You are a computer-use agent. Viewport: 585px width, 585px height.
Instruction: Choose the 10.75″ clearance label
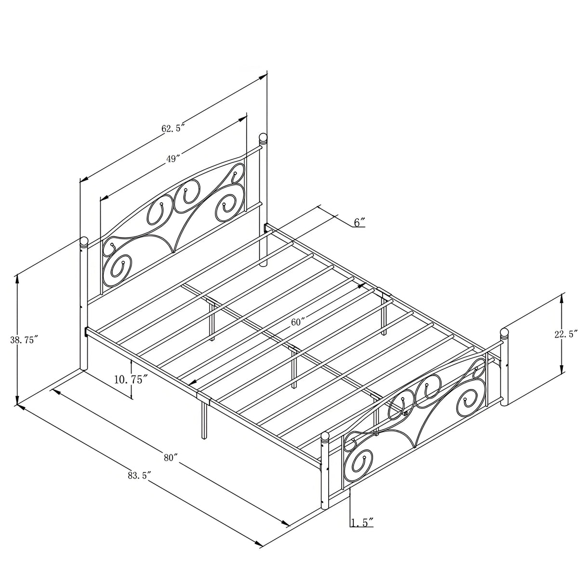pyautogui.click(x=130, y=379)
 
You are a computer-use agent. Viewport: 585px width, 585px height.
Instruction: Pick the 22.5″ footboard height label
pyautogui.click(x=566, y=334)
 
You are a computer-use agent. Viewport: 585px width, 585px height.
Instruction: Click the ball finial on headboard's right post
pyautogui.click(x=263, y=138)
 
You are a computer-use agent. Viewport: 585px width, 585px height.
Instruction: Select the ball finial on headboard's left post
pyautogui.click(x=84, y=241)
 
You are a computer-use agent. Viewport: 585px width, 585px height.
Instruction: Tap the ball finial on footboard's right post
pyautogui.click(x=505, y=332)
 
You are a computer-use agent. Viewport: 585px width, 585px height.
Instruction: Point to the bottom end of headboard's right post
pyautogui.click(x=263, y=264)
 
